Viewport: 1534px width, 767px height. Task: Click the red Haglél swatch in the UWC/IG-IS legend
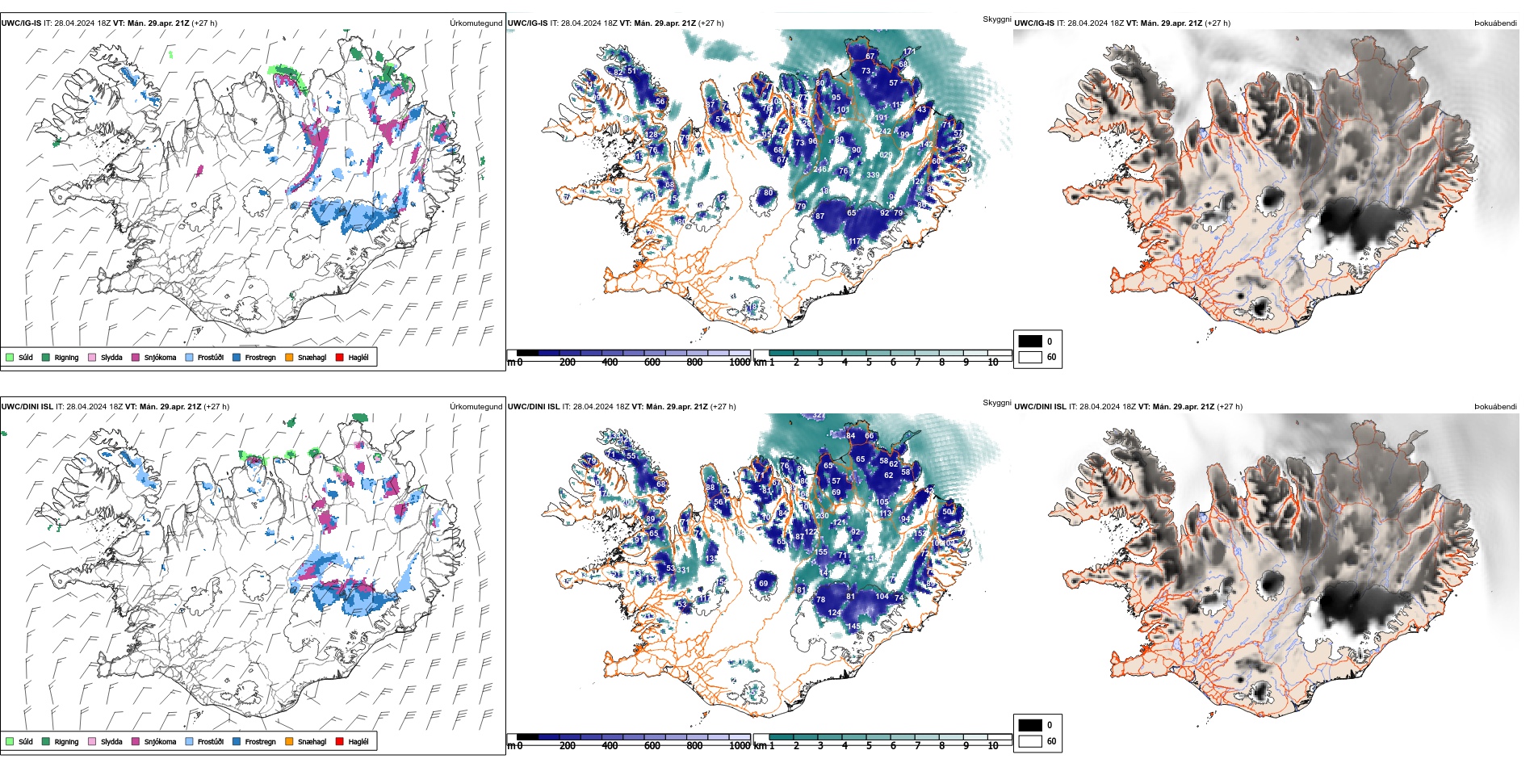click(x=340, y=357)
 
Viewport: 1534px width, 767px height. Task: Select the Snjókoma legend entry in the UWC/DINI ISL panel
click(x=160, y=741)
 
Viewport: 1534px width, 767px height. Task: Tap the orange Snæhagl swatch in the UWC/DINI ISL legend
click(x=289, y=741)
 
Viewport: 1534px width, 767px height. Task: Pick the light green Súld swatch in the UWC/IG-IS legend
click(x=10, y=357)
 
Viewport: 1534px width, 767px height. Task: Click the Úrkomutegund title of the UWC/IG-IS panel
click(x=476, y=23)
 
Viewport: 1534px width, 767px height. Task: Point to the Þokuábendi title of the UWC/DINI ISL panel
click(x=1495, y=407)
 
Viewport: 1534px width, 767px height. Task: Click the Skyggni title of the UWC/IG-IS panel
click(x=996, y=19)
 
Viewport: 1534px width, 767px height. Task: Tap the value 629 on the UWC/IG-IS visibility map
click(x=886, y=155)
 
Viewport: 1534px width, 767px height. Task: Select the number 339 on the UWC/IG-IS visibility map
click(x=873, y=175)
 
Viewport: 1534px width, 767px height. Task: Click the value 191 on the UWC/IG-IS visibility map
click(x=881, y=118)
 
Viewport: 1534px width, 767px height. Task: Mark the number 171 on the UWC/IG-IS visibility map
click(x=909, y=52)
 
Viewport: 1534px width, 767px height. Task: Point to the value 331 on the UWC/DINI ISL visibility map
click(x=683, y=570)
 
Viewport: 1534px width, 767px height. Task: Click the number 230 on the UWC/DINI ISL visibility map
click(x=822, y=515)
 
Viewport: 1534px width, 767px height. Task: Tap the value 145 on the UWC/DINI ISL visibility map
click(x=854, y=627)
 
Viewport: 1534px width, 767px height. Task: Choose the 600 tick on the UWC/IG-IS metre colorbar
click(x=652, y=363)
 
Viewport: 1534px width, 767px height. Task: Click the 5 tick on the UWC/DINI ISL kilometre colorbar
click(x=869, y=746)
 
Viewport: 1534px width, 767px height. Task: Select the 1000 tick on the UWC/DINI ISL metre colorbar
click(x=740, y=746)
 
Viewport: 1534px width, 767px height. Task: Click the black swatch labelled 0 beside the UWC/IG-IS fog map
click(x=1030, y=342)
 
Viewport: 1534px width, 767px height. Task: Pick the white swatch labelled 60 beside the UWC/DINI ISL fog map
click(x=1030, y=741)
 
